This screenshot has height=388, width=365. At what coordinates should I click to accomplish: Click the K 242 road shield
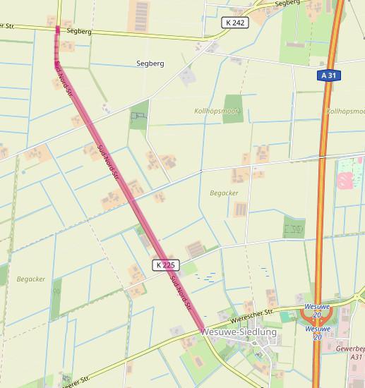(x=235, y=23)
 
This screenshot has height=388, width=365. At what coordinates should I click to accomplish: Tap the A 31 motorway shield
(x=326, y=75)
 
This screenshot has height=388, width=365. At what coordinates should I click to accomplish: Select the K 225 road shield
(x=164, y=265)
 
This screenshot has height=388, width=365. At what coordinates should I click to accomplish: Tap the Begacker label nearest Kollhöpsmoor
(x=224, y=193)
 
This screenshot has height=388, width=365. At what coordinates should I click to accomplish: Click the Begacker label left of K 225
(x=31, y=279)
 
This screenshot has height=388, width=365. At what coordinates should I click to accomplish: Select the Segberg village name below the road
(x=150, y=63)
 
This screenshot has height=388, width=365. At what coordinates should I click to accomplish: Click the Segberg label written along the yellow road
(x=79, y=31)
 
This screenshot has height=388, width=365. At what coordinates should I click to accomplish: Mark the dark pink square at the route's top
(x=58, y=29)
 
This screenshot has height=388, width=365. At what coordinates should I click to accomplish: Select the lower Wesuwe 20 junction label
(x=318, y=333)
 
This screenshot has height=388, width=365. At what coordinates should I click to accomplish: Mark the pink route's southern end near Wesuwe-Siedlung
(x=203, y=327)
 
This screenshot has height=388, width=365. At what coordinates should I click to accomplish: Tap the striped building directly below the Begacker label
(x=240, y=210)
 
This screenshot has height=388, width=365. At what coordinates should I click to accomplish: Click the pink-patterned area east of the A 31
(x=348, y=172)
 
